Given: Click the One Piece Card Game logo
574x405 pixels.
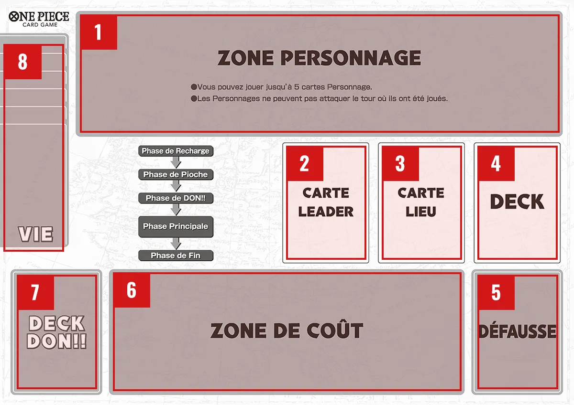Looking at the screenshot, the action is point(39,19).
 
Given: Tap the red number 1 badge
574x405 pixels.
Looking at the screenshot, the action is point(99,32).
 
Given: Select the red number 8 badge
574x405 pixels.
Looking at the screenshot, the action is point(23,62).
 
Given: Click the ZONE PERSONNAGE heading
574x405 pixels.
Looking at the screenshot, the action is point(319,58).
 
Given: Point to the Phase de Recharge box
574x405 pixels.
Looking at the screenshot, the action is point(176,151).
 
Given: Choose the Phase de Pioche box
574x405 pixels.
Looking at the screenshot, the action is point(176,174).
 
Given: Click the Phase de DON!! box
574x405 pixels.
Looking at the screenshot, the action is point(176,198).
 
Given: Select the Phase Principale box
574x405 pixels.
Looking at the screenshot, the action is point(176,226).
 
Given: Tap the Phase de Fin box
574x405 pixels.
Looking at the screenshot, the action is point(176,256).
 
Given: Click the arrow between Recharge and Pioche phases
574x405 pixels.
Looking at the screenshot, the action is point(176,162).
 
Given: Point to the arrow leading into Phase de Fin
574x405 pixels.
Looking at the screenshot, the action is point(176,244).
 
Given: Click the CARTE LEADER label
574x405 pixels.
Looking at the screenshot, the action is point(326,202).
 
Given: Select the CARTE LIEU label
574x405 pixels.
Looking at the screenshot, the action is point(421,202).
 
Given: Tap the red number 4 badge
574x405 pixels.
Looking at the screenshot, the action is point(496,164).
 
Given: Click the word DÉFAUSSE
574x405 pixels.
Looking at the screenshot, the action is point(517,331).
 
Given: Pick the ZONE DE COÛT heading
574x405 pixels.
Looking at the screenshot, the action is point(287,330).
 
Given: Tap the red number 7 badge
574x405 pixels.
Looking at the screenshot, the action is point(35,293).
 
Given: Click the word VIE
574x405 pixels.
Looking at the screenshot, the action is point(35,234).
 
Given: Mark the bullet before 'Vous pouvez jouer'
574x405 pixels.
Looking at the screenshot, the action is point(194,87).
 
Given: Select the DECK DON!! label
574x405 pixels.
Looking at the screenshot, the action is point(56,332).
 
